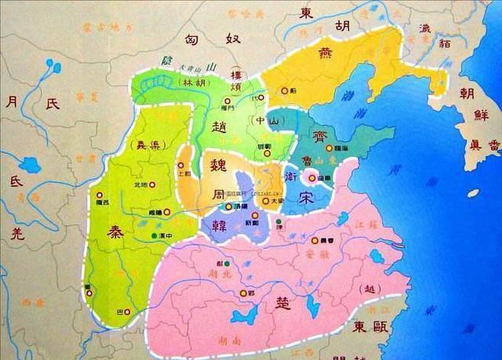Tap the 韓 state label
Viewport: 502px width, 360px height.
click(213, 224)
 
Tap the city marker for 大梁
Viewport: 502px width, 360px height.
click(267, 200)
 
